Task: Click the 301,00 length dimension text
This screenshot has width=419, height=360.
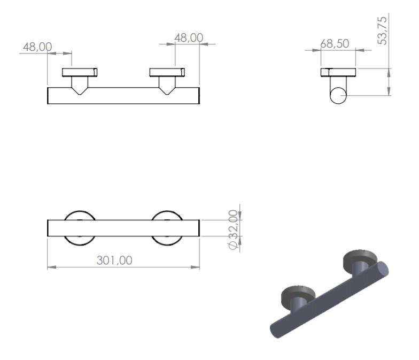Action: (114, 260)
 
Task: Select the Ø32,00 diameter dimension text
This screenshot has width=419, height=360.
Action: (233, 230)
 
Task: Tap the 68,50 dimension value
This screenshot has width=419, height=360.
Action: (335, 44)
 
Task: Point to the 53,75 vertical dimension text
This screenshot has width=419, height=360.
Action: (382, 30)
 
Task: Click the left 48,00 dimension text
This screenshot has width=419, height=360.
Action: (37, 47)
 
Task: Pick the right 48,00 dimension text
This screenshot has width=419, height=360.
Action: (189, 37)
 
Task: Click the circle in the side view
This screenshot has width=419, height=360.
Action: (338, 95)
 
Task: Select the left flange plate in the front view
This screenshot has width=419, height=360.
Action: (80, 72)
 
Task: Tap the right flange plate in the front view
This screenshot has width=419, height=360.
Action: (167, 72)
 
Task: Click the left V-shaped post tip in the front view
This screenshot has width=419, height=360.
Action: (79, 94)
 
